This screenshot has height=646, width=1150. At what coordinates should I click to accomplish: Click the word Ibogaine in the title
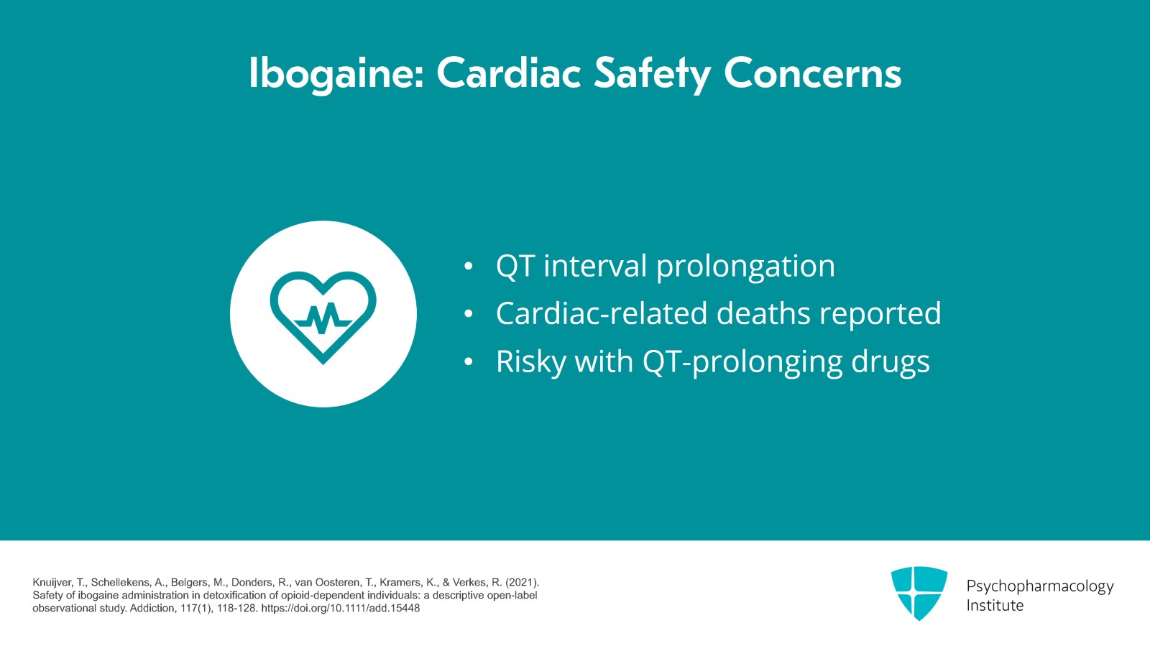336,74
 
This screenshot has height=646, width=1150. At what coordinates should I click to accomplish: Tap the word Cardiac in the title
509,73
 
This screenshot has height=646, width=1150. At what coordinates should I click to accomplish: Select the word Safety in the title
653,75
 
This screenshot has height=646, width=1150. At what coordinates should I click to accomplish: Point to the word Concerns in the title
813,73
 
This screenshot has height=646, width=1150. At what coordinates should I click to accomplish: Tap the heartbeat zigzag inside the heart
323,318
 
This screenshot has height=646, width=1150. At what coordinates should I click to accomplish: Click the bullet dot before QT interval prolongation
468,267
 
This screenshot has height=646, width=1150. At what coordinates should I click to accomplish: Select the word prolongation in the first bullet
746,267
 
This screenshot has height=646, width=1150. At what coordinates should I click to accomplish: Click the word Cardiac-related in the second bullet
602,313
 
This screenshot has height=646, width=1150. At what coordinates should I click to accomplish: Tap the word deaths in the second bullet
763,313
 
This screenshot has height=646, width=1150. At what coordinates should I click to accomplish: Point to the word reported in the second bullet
880,315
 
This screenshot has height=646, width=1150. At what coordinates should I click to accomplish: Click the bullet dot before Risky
468,361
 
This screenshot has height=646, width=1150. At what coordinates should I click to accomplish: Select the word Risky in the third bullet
531,362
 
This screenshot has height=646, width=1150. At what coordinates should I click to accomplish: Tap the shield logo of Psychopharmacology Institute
919,593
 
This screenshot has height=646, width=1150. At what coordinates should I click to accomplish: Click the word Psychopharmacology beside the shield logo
1040,586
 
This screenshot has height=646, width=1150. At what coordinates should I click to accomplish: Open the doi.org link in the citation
341,609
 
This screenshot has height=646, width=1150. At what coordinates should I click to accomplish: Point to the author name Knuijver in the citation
52,583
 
